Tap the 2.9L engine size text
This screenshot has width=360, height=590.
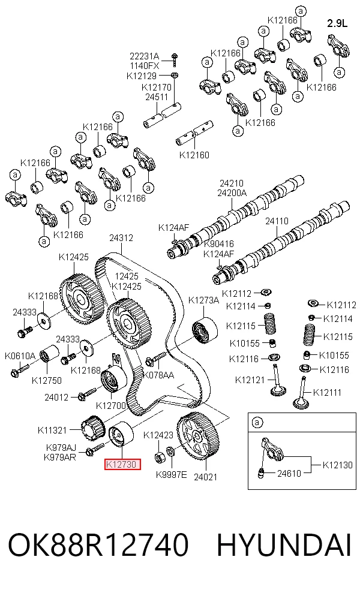point(337,23)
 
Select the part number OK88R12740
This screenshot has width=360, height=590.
point(98,544)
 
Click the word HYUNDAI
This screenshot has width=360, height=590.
point(284,544)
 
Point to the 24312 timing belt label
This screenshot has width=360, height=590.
point(121,238)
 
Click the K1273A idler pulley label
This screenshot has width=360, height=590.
point(203,300)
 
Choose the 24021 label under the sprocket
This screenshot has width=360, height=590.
point(206,477)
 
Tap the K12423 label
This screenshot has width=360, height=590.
point(158,435)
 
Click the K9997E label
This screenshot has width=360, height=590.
point(172,474)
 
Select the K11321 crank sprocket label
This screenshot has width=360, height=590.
point(52,430)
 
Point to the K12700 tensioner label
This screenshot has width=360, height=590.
point(111,405)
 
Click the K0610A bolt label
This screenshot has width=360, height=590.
point(20,356)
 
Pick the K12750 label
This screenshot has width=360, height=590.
point(47,380)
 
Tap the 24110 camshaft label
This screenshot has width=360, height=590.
point(277,221)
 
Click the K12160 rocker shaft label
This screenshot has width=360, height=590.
point(194,155)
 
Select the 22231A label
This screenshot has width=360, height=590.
point(145,56)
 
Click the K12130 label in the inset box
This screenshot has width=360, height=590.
point(337,465)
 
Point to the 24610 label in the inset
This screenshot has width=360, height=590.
point(289,473)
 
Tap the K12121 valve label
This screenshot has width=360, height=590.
point(250,380)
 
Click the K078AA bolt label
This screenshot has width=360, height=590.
point(159,375)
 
